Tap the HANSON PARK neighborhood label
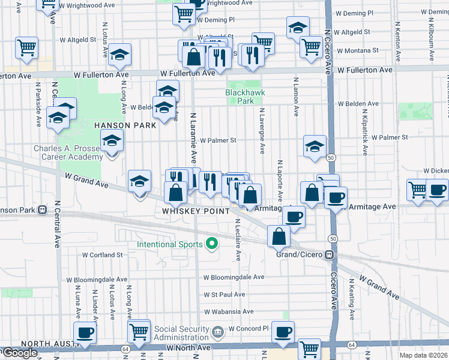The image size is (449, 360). coord(125,125)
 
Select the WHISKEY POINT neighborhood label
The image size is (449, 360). coord(196,211)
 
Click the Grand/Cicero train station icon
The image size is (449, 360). coord(329,255)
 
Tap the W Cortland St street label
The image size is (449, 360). coord(103,255)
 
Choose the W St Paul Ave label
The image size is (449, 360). coord(224,295)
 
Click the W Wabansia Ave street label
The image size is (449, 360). coord(229,312)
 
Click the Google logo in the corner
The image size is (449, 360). coord(20,353)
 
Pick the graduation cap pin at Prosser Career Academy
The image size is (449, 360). coord(112,142)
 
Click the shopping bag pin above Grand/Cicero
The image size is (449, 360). coord(279,236)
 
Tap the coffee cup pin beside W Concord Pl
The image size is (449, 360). coord(283,331)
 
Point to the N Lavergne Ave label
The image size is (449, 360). coord(262,131)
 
